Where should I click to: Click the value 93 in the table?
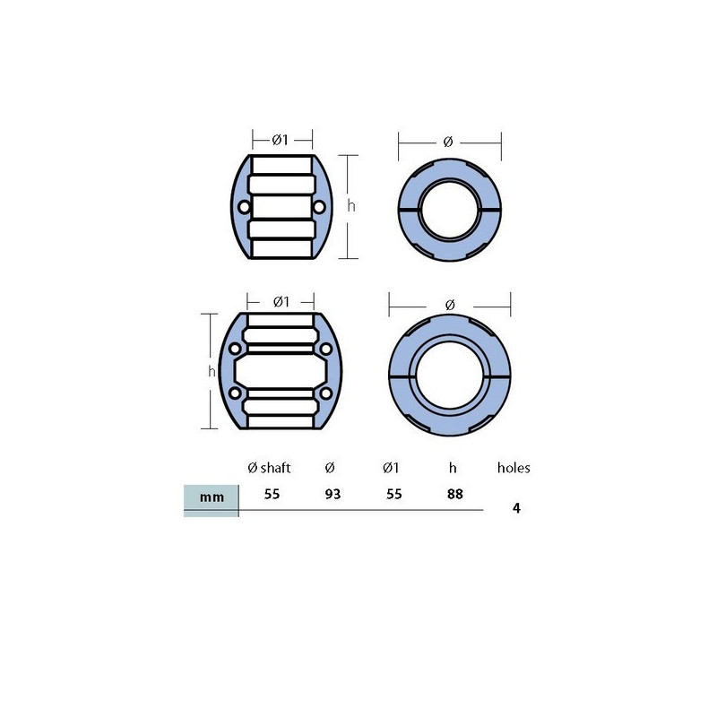333,495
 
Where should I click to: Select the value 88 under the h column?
455,495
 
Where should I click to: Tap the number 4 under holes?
517,508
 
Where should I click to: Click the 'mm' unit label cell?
212,497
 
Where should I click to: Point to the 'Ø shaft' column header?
269,468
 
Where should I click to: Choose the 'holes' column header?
514,468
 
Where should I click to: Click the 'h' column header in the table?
453,468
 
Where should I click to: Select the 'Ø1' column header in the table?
391,468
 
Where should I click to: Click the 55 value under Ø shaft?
272,495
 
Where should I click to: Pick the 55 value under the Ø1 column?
393,495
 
